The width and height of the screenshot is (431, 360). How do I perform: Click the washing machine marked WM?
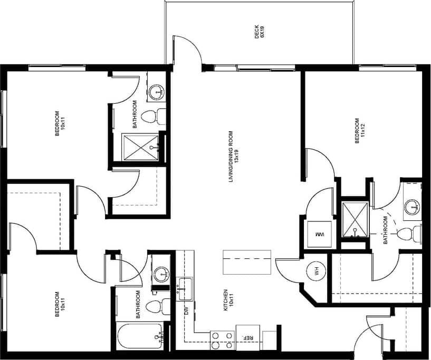319,233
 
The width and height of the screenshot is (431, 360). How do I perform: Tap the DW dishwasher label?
185,310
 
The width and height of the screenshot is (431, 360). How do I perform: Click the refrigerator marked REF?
246,337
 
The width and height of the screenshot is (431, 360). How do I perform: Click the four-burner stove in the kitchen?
222,340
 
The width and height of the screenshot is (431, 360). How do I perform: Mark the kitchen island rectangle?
247,262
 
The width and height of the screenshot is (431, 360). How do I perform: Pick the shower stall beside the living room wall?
141,148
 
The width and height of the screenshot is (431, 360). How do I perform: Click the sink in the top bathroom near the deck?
157,93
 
